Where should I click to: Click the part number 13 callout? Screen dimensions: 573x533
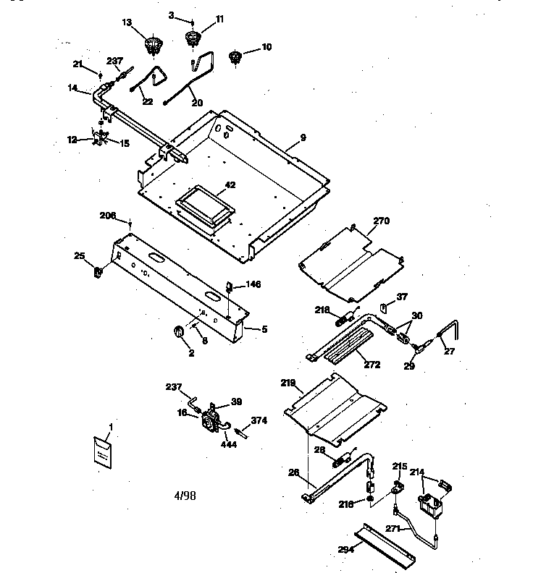127,23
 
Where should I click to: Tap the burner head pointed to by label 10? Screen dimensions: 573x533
235,57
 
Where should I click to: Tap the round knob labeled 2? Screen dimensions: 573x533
178,332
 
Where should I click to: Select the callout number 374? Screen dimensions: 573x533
259,420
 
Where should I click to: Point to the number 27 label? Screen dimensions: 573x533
449,353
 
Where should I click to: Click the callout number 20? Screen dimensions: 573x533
197,103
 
